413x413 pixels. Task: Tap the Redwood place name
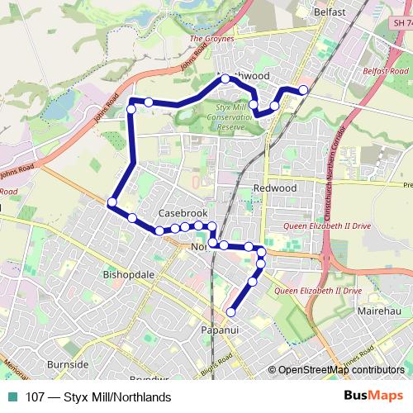pos(276,188)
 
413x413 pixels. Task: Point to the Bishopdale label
pos(128,273)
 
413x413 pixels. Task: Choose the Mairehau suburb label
pos(379,312)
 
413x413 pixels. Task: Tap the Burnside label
pos(68,364)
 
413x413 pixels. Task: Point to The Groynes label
pos(212,38)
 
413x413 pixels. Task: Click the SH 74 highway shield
pos(398,27)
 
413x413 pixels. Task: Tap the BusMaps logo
pos(374,396)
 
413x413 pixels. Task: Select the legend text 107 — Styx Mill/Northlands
pos(98,397)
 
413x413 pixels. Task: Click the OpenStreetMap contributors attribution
pos(340,370)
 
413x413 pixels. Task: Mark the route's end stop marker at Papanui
pos(231,311)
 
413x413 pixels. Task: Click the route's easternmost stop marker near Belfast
pos(303,89)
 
